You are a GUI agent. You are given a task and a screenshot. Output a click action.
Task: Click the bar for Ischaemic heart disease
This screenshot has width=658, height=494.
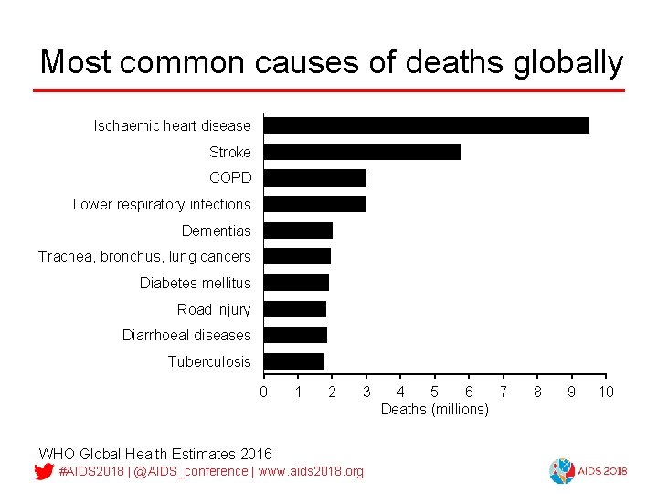[426, 125]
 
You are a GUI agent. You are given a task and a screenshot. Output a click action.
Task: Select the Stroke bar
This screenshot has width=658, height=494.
[362, 152]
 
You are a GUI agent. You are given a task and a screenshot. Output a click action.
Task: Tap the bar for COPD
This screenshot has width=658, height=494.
[314, 177]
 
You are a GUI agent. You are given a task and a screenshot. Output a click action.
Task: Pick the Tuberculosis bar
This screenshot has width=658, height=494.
[293, 361]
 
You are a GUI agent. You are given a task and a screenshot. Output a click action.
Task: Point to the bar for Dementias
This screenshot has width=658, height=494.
[298, 231]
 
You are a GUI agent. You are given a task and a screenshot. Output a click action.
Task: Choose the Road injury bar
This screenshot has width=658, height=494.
[294, 309]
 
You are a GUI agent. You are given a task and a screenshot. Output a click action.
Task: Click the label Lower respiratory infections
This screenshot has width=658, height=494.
[162, 204]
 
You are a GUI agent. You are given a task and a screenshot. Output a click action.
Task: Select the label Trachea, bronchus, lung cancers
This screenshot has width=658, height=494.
[144, 257]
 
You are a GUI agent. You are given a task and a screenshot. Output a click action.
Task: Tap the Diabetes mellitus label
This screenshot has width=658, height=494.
[195, 283]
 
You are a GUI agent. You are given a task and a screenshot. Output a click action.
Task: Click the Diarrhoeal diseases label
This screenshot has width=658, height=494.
[186, 336]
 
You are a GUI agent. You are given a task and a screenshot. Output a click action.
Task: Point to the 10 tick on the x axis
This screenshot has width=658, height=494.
[605, 392]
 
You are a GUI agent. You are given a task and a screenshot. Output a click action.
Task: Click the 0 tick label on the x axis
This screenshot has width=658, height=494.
[264, 392]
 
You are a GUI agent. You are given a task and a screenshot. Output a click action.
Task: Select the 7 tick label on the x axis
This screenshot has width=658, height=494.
[503, 392]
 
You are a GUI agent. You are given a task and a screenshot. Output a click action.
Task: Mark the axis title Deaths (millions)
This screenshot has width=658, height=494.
[434, 409]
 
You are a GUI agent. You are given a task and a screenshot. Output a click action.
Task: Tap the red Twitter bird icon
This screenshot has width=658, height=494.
[43, 472]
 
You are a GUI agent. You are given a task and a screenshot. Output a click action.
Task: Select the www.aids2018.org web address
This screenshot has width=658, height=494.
[311, 471]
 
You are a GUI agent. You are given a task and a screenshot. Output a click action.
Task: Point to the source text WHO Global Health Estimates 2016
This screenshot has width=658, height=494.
[155, 454]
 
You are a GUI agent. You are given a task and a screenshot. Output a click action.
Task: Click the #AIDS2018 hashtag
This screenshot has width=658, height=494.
[90, 471]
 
